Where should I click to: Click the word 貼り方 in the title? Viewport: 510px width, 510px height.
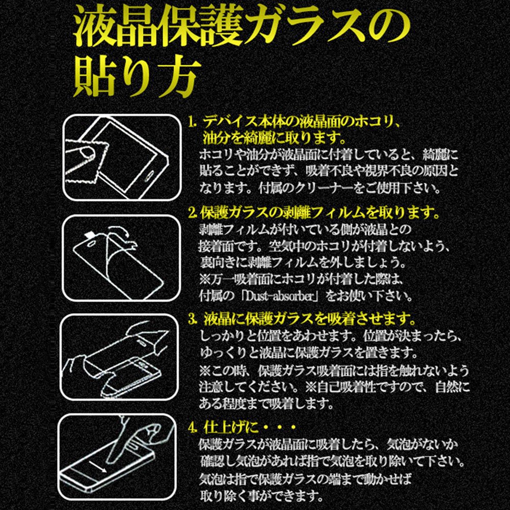pyautogui.click(x=137, y=77)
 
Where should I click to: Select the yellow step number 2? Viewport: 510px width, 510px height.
pyautogui.click(x=193, y=213)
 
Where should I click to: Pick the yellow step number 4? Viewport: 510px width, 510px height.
pyautogui.click(x=193, y=427)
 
